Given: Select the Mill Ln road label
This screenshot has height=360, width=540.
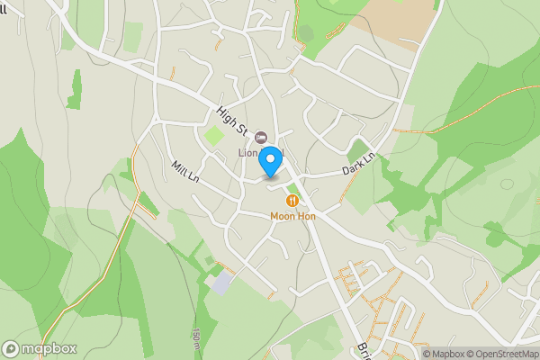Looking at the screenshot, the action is coord(185,171).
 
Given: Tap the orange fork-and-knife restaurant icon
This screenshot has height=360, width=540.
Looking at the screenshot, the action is coord(292,200).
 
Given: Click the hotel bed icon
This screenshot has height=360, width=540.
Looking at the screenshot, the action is coord(262,137).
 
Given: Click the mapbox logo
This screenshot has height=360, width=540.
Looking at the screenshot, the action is coord(40,348).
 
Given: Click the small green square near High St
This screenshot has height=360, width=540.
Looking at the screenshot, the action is coord(213,137).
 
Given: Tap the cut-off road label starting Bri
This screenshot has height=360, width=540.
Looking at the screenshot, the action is coord(362,349).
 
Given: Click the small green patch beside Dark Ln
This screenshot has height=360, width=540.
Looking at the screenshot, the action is coord(359,149).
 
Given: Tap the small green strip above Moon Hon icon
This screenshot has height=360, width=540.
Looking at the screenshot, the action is coord(291,187).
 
